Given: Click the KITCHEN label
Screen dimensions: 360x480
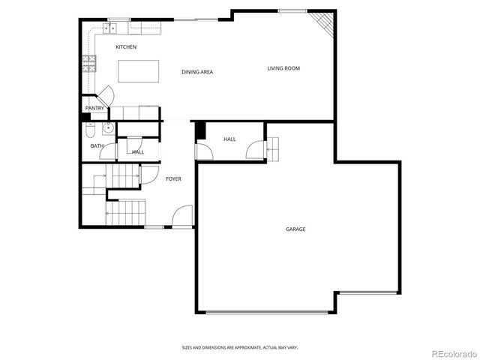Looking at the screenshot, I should (125, 47).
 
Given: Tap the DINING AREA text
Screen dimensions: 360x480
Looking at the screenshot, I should (197, 72).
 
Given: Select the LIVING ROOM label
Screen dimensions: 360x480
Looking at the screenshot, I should (283, 68).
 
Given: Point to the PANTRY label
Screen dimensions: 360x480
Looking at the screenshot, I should (94, 108).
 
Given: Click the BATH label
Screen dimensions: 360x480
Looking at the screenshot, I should (97, 145).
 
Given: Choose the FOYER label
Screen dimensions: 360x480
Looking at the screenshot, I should (173, 178).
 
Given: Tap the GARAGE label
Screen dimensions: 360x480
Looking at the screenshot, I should (295, 229).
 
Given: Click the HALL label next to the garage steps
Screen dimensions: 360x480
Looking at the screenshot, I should (229, 139).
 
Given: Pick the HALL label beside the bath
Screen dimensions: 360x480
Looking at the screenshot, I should (138, 152).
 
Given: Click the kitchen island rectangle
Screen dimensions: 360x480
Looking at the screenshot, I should (139, 71).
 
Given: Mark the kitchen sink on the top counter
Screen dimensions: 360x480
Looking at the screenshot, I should (111, 28).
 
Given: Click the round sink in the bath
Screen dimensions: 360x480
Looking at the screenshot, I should (108, 128).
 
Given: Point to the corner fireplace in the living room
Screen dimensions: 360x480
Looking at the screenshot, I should (323, 22).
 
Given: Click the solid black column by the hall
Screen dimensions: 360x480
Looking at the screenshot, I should (200, 130).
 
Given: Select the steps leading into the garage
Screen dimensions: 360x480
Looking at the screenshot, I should (274, 148).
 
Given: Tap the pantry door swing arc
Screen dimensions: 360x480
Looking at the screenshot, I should (106, 95).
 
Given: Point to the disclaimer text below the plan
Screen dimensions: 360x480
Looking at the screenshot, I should (239, 347).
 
